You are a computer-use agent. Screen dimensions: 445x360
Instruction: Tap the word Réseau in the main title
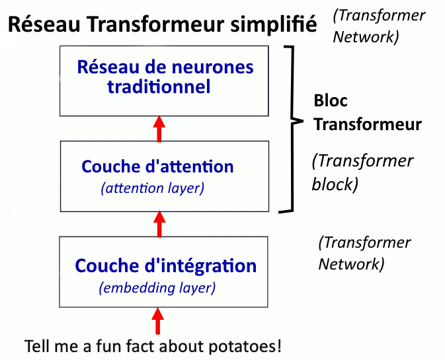(44, 24)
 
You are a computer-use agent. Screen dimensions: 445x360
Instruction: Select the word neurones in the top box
(212, 67)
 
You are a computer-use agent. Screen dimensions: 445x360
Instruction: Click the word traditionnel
(159, 87)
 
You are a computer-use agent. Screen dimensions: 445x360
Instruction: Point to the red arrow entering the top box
(159, 128)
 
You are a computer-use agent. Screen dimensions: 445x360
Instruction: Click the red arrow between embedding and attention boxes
(159, 224)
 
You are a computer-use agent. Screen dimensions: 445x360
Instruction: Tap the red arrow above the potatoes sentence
(157, 321)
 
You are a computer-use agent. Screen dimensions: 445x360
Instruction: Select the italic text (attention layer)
(153, 188)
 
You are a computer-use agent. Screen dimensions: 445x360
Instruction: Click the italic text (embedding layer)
(157, 288)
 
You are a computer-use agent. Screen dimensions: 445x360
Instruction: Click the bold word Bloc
(331, 100)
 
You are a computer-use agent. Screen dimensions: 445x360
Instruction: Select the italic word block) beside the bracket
(335, 184)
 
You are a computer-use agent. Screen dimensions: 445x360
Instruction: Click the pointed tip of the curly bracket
(303, 122)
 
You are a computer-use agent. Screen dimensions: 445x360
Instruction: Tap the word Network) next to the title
(366, 37)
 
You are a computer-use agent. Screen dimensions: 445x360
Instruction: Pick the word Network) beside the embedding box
(351, 264)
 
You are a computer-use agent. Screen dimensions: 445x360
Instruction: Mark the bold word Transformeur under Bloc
(368, 124)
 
